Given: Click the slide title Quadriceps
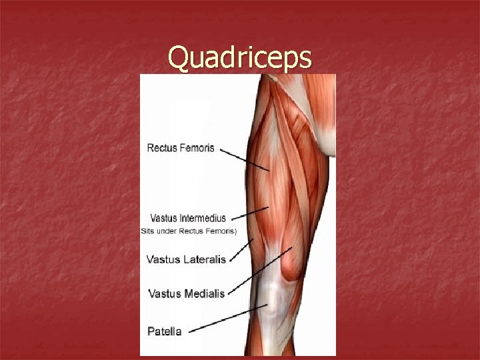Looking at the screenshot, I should (239, 58).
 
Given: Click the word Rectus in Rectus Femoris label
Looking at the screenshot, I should (162, 148).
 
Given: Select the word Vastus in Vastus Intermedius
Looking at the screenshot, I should (163, 218).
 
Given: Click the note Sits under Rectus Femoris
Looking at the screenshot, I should (188, 231).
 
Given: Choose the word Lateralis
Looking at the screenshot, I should (203, 259).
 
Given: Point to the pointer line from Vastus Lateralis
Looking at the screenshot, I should (241, 249).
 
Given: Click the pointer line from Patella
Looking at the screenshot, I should (230, 318).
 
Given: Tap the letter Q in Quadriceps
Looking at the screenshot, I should (177, 58).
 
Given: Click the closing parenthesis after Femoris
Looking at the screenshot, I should (235, 231).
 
